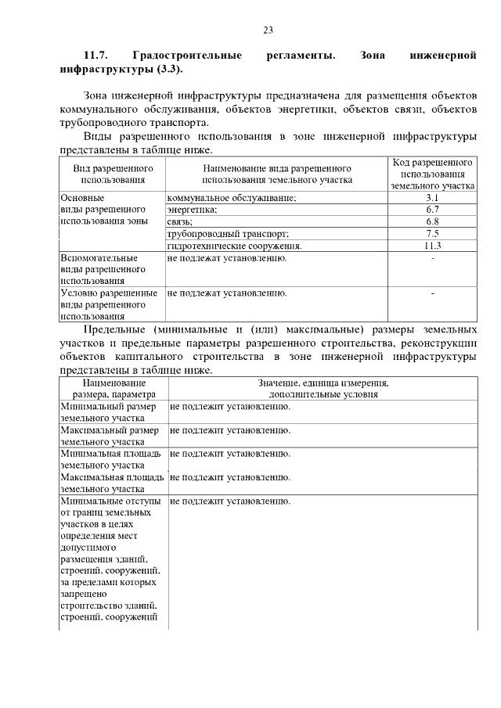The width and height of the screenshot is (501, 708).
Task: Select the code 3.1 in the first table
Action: (433, 198)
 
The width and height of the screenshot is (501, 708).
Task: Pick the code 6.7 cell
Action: (433, 210)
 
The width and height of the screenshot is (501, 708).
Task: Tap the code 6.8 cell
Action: (433, 221)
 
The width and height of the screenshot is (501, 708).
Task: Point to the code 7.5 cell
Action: (433, 233)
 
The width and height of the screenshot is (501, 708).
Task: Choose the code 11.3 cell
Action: (433, 246)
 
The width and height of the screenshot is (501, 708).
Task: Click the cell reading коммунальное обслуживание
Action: (232, 198)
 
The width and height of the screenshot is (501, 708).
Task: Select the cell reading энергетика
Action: (193, 210)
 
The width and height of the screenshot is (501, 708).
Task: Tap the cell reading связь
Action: (181, 221)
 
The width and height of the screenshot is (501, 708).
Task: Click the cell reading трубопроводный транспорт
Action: (229, 233)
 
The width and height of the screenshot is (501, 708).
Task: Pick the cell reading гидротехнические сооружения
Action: (235, 246)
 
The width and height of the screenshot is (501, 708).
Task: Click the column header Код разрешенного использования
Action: (433, 174)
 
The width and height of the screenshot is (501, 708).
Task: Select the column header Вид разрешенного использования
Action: (113, 174)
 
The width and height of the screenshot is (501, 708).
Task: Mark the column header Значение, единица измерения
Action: (323, 383)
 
